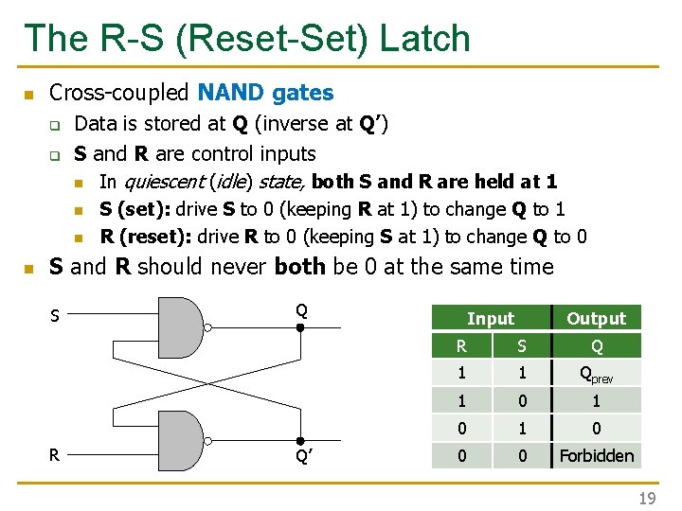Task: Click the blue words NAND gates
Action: point(265,93)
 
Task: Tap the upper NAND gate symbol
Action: point(178,326)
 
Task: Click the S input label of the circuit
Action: point(54,316)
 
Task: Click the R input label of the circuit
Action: point(54,455)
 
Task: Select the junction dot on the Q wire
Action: point(298,328)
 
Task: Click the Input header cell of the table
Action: point(490,319)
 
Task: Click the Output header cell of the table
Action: point(596,319)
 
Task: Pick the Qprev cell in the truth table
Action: point(596,374)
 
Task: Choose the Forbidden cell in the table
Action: point(596,455)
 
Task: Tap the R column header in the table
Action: point(461,346)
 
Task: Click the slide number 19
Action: point(646,498)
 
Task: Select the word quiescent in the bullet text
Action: point(164,181)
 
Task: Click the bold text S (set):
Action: point(136,209)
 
